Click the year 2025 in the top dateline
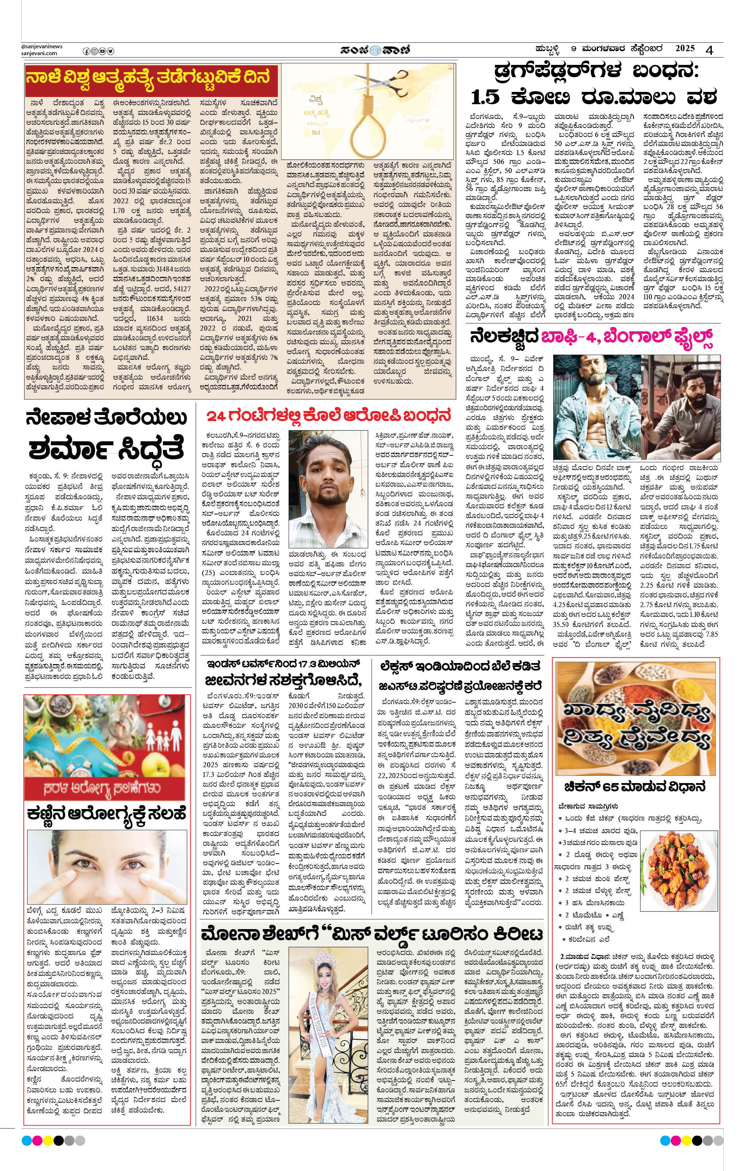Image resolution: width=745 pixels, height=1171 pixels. pos(685,49)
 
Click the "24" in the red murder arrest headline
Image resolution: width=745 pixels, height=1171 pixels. pos(216,417)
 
